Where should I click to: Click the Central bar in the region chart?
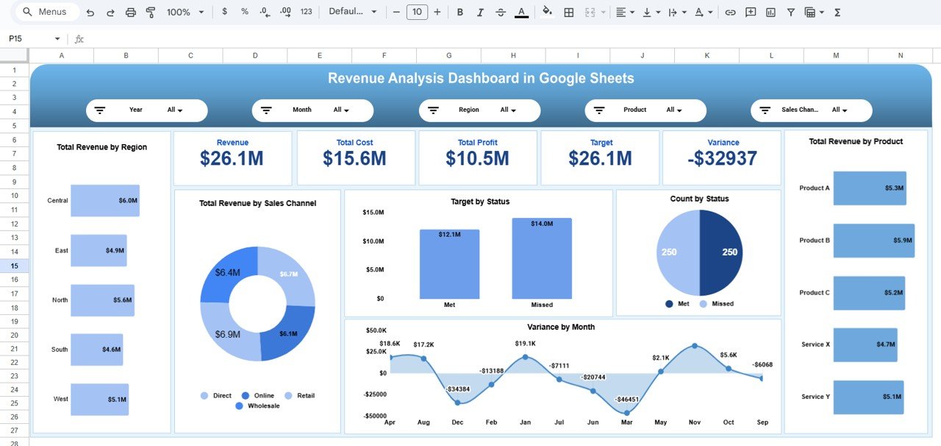point(104,201)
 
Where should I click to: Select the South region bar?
point(96,350)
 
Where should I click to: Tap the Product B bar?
point(873,241)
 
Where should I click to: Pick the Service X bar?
point(865,344)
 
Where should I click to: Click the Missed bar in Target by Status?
point(542,258)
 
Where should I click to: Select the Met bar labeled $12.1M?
point(449,264)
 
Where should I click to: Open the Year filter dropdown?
point(175,110)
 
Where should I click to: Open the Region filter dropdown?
point(508,110)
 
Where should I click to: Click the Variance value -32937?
point(721,158)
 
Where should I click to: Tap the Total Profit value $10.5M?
point(477,158)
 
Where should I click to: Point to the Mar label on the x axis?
point(626,422)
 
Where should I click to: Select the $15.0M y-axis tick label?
point(373,213)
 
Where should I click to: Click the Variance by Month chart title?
point(561,328)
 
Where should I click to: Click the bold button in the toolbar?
point(460,13)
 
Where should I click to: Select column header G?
point(448,56)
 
